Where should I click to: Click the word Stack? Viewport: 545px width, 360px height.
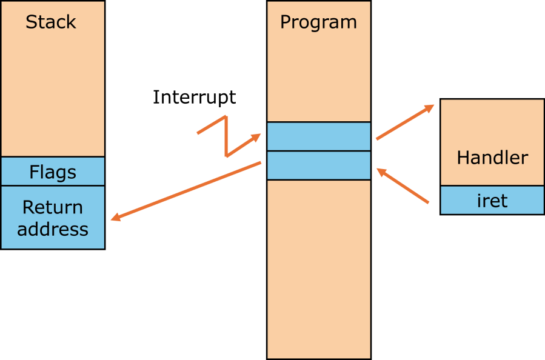(x=51, y=22)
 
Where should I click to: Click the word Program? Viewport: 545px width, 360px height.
(x=318, y=22)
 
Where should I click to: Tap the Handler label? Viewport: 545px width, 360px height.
(x=492, y=158)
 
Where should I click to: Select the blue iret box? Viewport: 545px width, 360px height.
(x=492, y=200)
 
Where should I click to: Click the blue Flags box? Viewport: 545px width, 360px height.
(x=53, y=172)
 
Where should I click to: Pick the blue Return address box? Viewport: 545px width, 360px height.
(x=53, y=218)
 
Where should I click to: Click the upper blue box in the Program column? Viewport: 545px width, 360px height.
(x=318, y=136)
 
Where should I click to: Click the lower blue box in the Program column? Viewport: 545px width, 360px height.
(x=318, y=165)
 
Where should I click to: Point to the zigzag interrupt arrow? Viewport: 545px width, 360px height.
(x=226, y=136)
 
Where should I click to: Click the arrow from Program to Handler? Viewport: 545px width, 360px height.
(x=404, y=122)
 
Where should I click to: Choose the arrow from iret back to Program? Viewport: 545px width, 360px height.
(x=403, y=186)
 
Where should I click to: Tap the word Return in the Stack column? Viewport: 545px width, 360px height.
(x=53, y=207)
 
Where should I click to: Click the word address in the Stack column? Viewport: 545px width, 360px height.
(x=53, y=230)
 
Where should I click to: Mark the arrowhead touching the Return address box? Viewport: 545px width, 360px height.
(x=115, y=217)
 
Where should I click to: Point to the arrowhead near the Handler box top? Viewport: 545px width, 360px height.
(x=430, y=107)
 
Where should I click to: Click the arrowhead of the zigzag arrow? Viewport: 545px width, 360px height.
(x=256, y=137)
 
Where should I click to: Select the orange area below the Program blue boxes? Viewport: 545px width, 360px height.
(x=318, y=267)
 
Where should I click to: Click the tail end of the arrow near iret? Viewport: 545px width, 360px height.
(x=428, y=202)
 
